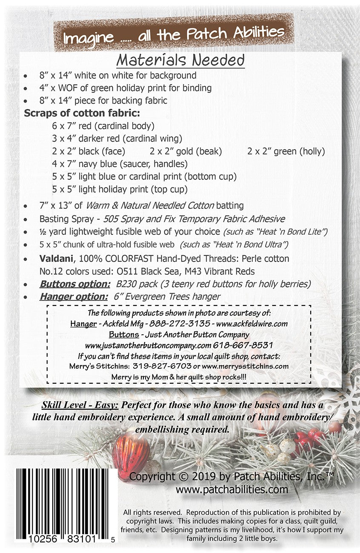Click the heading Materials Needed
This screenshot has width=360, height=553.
click(180, 60)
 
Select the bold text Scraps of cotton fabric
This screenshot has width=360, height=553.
click(82, 113)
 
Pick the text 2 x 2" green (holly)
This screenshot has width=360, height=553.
click(286, 151)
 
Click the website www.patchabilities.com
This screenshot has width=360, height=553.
click(232, 490)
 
